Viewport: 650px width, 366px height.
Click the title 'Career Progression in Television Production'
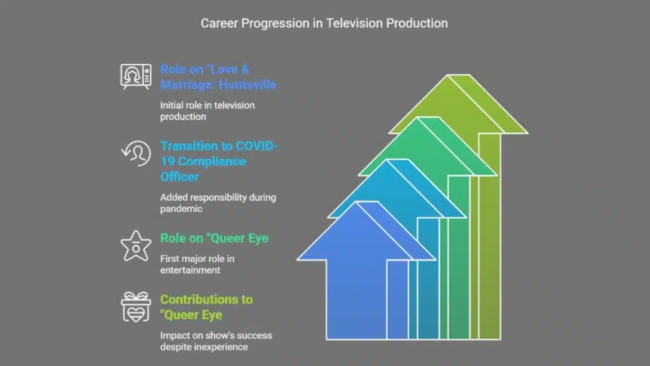coord(324,24)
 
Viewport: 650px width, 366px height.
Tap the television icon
coord(136,77)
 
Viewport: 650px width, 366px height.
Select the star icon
coord(136,246)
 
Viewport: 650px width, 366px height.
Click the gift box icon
coord(136,307)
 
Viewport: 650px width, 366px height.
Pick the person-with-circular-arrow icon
coord(136,154)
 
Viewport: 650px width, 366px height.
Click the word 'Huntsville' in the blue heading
coord(248,85)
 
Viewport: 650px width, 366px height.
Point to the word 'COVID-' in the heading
coord(251,146)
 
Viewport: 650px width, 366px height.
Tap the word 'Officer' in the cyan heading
coord(180,177)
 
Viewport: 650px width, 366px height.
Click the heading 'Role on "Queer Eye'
coord(215,238)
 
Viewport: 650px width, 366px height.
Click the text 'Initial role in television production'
coord(208,111)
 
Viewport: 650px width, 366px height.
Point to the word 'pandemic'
coord(181,208)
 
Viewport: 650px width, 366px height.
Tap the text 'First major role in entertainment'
coord(197,264)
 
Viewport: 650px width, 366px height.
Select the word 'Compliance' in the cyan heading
coord(212,161)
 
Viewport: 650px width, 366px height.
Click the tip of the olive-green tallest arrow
coord(458,75)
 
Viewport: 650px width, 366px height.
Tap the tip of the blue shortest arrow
coord(367,202)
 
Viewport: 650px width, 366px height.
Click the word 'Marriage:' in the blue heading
coord(187,85)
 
